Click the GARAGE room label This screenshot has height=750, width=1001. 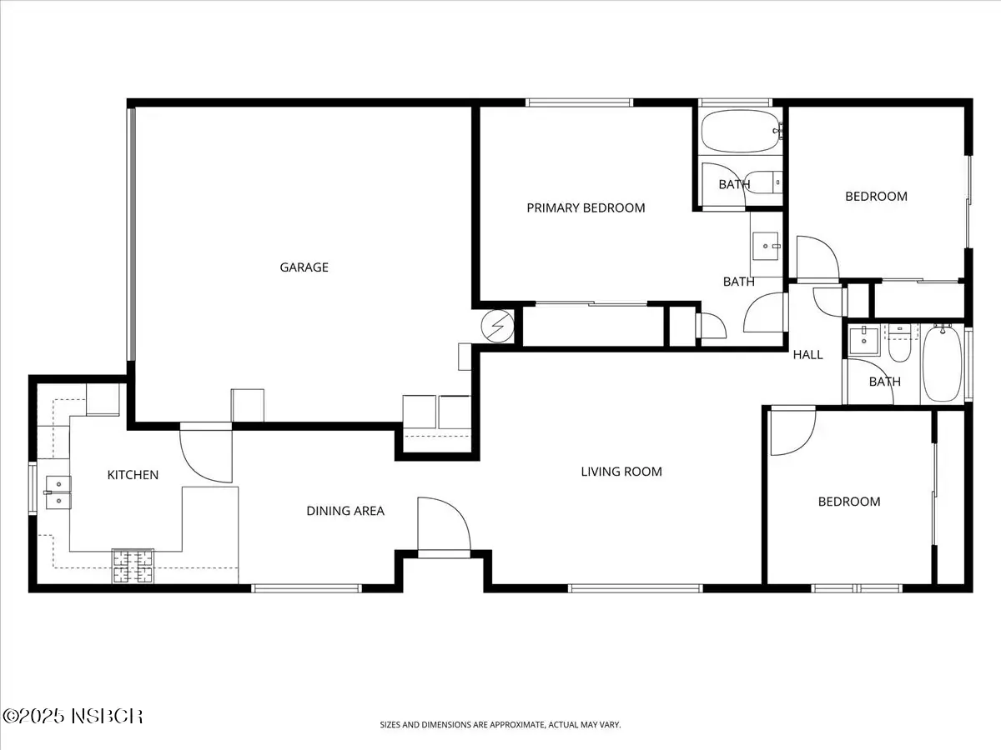[304, 267]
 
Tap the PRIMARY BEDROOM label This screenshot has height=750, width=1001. [586, 208]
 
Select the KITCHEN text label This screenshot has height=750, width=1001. [133, 475]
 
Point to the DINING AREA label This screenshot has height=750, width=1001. [345, 511]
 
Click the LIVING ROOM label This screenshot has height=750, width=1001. [621, 472]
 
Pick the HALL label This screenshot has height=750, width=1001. [807, 355]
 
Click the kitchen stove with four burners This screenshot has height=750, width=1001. [133, 566]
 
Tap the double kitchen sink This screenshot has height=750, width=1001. [58, 492]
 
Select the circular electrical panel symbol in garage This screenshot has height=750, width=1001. [497, 326]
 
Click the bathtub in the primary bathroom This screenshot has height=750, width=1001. [741, 131]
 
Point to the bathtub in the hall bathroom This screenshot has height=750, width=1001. [942, 363]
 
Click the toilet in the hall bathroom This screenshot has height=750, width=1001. [899, 343]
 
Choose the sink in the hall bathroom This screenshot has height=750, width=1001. [863, 341]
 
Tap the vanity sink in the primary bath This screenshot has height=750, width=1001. [766, 247]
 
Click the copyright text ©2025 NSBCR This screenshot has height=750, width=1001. [73, 717]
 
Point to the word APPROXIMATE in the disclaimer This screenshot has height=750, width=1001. [518, 725]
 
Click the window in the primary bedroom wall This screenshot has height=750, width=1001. [579, 102]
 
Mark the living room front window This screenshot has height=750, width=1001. [636, 588]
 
